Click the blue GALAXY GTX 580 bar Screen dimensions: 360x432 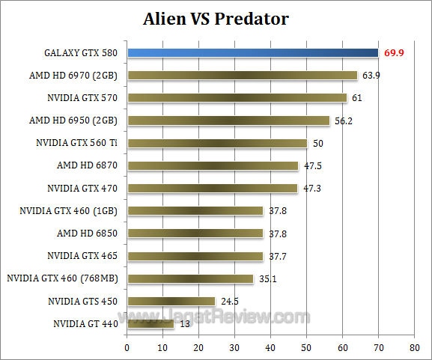pyautogui.click(x=252, y=52)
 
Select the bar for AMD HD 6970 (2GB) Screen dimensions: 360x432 pyautogui.click(x=242, y=75)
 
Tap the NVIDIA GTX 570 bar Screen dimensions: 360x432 pyautogui.click(x=237, y=97)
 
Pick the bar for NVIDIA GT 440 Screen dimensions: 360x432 pyautogui.click(x=150, y=324)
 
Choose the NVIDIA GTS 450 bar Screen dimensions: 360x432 pyautogui.click(x=171, y=302)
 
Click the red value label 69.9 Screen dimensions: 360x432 pyautogui.click(x=395, y=53)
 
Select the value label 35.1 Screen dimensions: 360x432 pyautogui.click(x=267, y=278)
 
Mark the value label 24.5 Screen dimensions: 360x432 pyautogui.click(x=229, y=302)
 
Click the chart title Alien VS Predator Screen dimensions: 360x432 pyautogui.click(x=216, y=18)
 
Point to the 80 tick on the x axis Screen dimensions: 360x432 pyautogui.click(x=414, y=348)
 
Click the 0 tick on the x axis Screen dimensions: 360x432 pyautogui.click(x=127, y=348)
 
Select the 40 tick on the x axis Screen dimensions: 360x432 pyautogui.click(x=271, y=348)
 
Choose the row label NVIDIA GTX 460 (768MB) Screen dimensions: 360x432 pyautogui.click(x=63, y=278)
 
